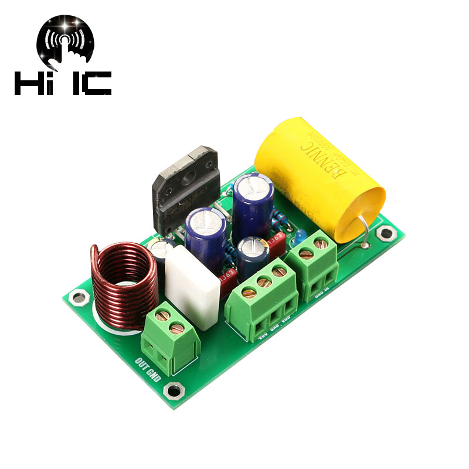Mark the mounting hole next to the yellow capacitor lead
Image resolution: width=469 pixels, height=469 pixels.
click(385, 234)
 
